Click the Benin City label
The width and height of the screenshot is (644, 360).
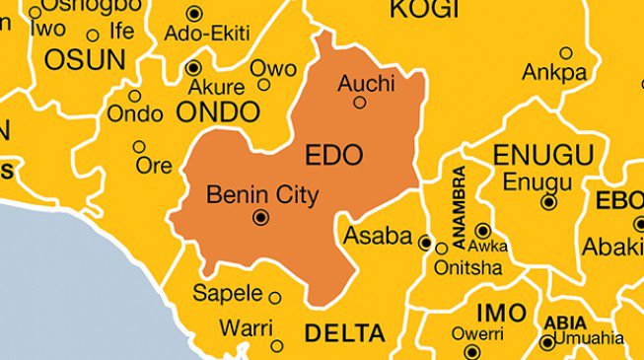tap(262, 195)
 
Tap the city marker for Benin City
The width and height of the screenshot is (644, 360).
tap(260, 218)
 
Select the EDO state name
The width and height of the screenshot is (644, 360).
tap(333, 155)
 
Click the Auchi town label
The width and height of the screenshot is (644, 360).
tap(366, 83)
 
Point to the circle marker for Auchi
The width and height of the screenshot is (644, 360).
tap(360, 102)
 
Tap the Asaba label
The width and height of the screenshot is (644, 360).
tap(378, 236)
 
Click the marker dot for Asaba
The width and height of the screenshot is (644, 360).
tap(425, 242)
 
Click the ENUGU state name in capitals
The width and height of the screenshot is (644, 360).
tap(543, 155)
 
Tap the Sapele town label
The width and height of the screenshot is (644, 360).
tap(228, 293)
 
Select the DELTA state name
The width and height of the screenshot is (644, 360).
tap(344, 333)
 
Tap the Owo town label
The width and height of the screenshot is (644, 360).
tap(272, 68)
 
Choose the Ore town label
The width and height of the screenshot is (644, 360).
tap(154, 166)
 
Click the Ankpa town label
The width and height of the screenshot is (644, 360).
tap(554, 72)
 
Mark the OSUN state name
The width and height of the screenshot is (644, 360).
tap(84, 59)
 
